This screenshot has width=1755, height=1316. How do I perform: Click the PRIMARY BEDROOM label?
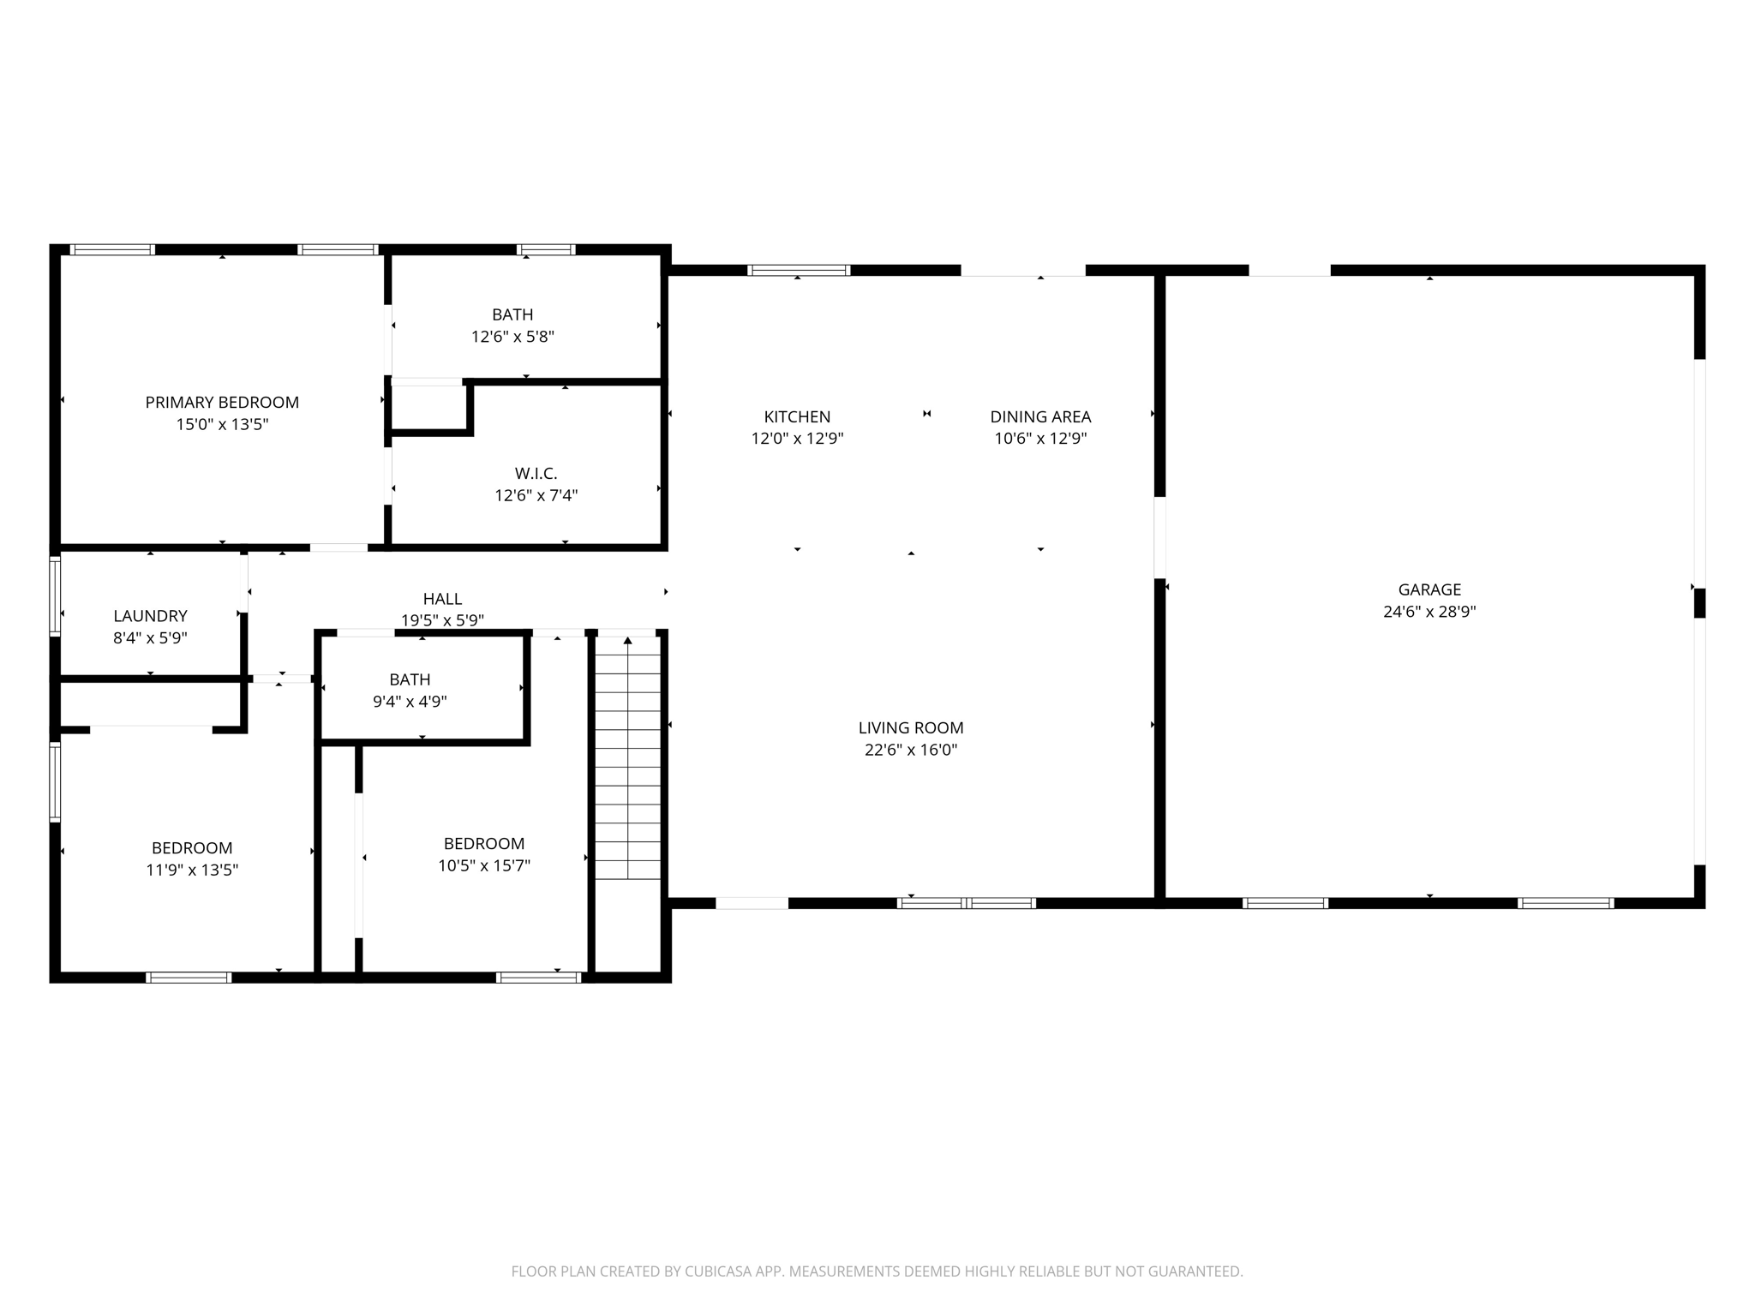tap(222, 402)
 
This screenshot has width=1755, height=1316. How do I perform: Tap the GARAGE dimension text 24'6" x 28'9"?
tap(1429, 612)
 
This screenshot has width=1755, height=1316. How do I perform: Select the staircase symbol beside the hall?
tap(628, 758)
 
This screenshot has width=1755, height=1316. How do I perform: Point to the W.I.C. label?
tap(536, 473)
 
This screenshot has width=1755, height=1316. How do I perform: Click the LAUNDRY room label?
tap(150, 615)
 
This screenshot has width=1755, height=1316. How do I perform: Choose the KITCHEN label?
tap(797, 416)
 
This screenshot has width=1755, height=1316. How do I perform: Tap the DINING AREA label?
tap(1040, 416)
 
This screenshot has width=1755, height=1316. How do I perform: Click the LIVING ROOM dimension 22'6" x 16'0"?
tap(911, 750)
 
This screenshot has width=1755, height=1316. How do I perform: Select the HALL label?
tap(442, 599)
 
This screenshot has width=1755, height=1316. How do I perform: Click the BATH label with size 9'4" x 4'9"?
tap(410, 679)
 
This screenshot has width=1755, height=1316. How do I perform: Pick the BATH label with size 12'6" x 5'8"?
tap(512, 314)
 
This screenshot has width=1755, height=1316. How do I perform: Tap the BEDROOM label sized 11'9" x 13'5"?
tap(192, 847)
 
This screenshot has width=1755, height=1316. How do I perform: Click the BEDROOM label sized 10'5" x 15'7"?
tap(484, 843)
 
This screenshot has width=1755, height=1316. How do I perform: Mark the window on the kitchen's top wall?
tap(799, 270)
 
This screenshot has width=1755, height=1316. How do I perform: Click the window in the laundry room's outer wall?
tap(55, 595)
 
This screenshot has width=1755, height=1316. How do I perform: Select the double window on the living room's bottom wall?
tap(967, 902)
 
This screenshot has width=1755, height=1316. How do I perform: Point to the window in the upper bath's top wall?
tap(546, 249)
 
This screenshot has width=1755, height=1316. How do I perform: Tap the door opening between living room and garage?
tap(1159, 538)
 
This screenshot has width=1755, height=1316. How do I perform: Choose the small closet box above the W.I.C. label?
tap(428, 408)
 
